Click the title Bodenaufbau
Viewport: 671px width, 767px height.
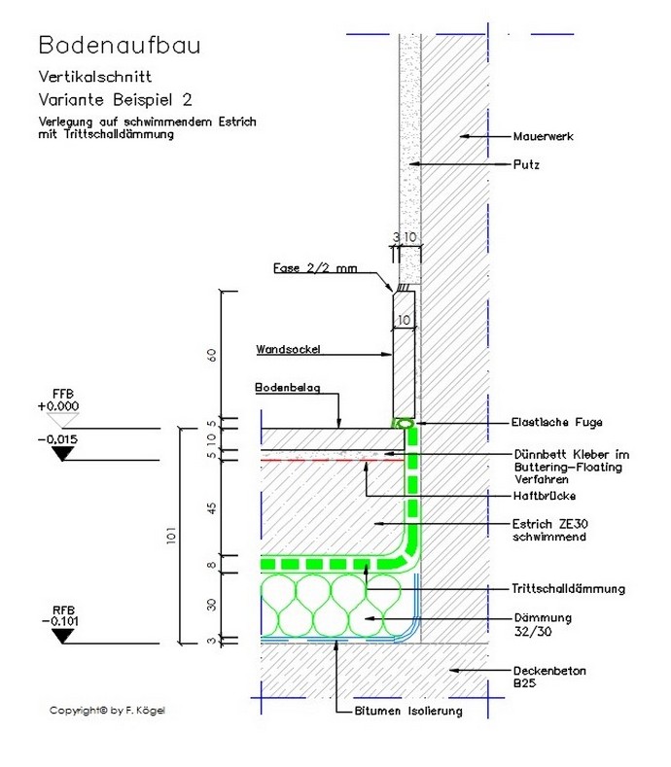(121, 45)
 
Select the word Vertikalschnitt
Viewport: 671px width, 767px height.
(94, 76)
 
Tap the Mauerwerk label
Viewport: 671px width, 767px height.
(544, 137)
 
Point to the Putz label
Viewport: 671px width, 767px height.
(526, 164)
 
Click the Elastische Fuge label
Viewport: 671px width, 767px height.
(556, 422)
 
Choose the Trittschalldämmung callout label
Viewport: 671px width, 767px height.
(567, 588)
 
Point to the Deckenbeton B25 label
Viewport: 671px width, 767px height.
(548, 677)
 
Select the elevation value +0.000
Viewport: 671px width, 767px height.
(60, 406)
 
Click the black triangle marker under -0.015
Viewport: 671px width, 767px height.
(65, 453)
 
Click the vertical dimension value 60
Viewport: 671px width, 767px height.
(211, 354)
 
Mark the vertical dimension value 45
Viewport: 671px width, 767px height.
(211, 506)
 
